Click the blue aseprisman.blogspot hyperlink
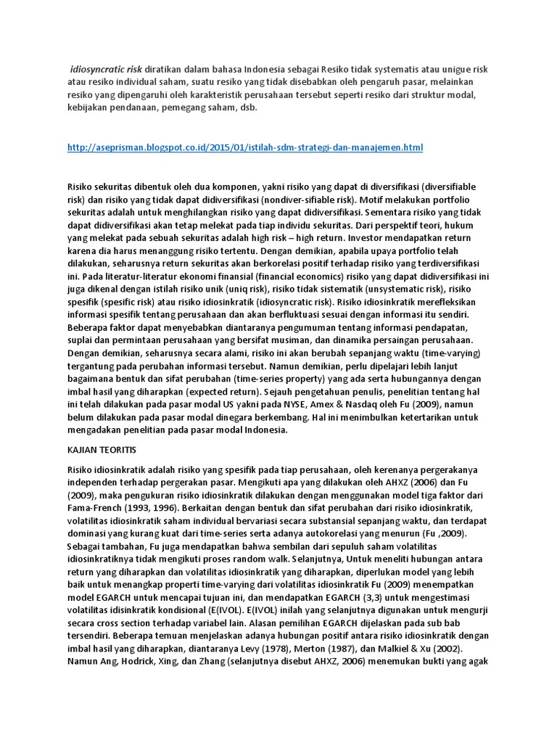[244, 147]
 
